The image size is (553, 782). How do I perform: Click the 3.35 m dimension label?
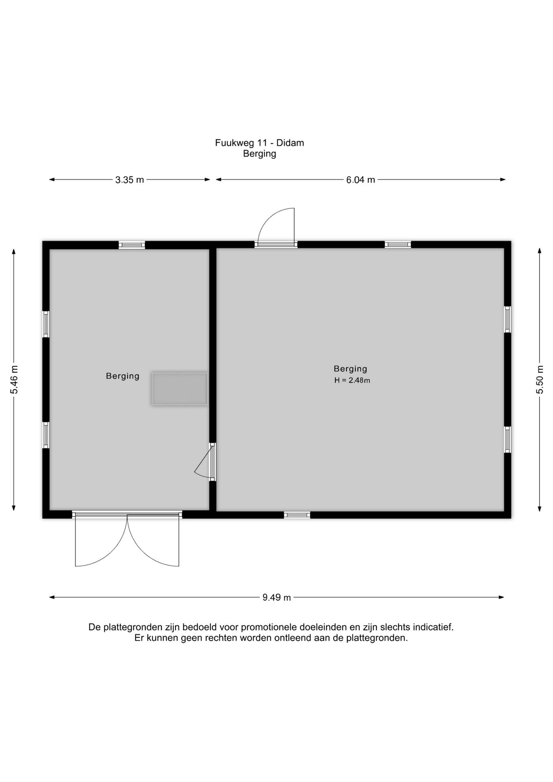point(129,180)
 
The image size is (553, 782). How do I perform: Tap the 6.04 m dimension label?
point(360,180)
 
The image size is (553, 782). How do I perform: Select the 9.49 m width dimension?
point(276,597)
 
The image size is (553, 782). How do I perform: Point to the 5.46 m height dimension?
point(14,380)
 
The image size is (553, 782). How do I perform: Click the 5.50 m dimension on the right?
point(540,380)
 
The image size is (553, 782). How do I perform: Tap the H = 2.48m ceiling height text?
point(352,380)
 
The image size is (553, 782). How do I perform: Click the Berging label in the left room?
point(123,376)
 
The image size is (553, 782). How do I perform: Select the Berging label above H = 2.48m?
point(351,369)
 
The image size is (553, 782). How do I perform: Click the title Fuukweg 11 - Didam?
point(259,143)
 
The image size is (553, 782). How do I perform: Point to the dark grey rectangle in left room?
point(180,389)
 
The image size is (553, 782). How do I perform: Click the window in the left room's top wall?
point(132,245)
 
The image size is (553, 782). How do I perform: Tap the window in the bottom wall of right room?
point(297,515)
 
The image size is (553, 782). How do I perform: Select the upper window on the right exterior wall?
point(507,319)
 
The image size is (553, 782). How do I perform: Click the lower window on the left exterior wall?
point(46,435)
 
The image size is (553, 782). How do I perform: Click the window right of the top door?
point(398,244)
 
